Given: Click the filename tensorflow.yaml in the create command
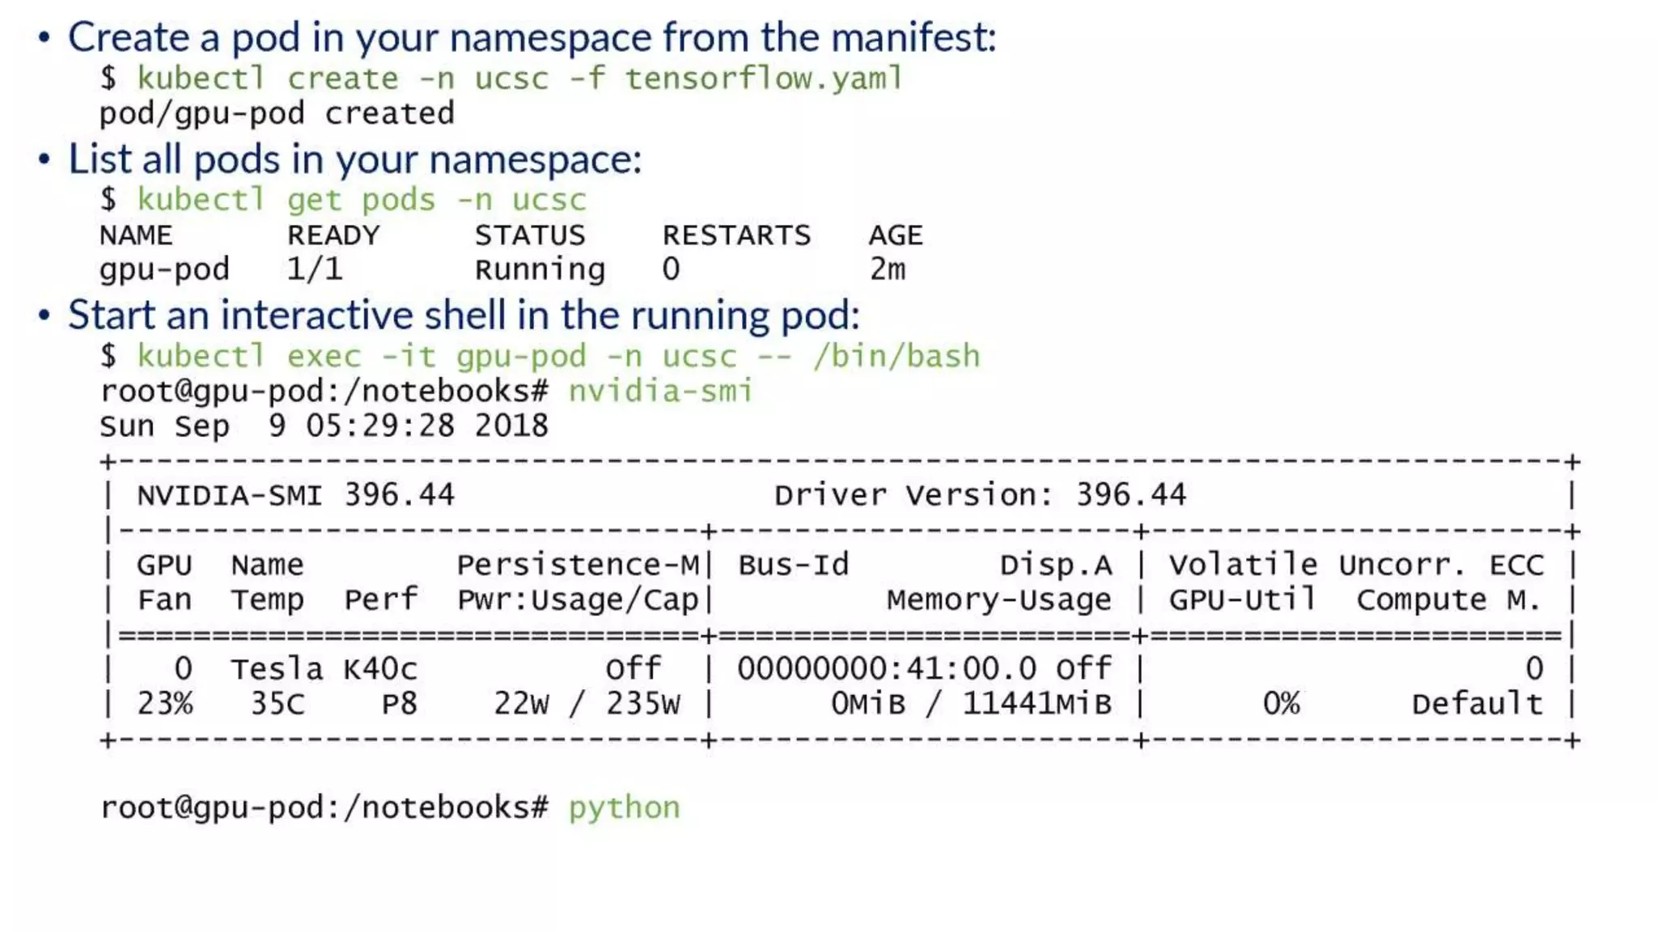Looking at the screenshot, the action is coord(763,78).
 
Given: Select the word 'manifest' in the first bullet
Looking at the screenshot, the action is coord(912,37).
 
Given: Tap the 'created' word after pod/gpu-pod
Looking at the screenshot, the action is coord(389,113).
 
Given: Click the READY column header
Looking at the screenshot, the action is coord(333,235).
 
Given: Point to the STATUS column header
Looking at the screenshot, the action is coord(530,235).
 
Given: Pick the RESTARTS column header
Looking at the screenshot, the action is coord(736,235).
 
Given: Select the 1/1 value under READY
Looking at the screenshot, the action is coord(315,269).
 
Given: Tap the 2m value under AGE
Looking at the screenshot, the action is coord(888,269).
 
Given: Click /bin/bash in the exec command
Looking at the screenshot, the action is coord(896,356).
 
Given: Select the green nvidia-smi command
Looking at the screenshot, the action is coord(661,392).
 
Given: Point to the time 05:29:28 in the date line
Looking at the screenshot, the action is coord(380,426).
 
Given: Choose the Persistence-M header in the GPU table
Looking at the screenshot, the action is coord(578,565).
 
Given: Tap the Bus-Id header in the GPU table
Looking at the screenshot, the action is coord(793,565).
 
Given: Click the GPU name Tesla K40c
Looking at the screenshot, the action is coord(324,669).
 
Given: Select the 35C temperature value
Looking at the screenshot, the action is coord(278,704).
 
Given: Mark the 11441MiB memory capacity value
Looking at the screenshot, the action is coord(1036,704).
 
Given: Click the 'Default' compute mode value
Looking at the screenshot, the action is coord(1477,704).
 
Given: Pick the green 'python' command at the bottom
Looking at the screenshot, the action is coord(625,807).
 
